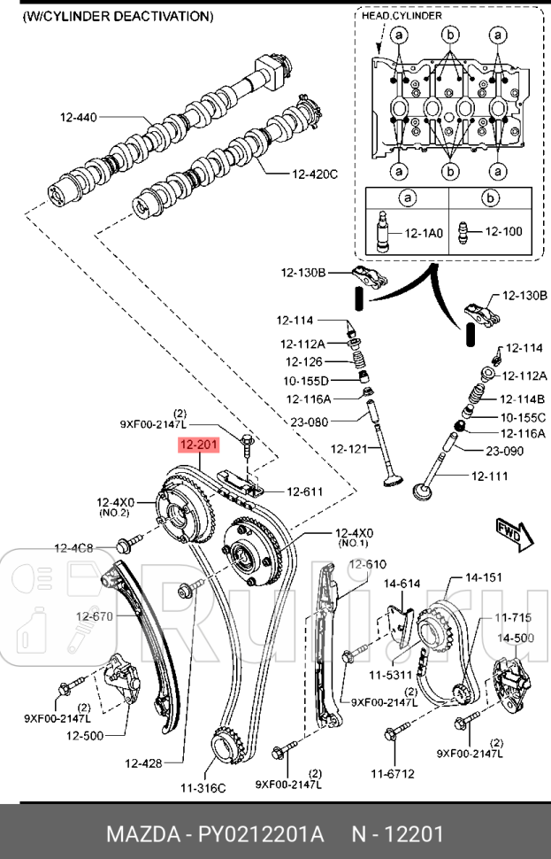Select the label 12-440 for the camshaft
coord(79,116)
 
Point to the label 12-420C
coord(315,174)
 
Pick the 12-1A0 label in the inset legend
coord(425,233)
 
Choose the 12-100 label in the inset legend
coord(504,232)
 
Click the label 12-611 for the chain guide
coord(303,491)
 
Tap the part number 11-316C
coord(203,787)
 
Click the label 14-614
coord(402,584)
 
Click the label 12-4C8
coord(73,546)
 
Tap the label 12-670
coord(94,616)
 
